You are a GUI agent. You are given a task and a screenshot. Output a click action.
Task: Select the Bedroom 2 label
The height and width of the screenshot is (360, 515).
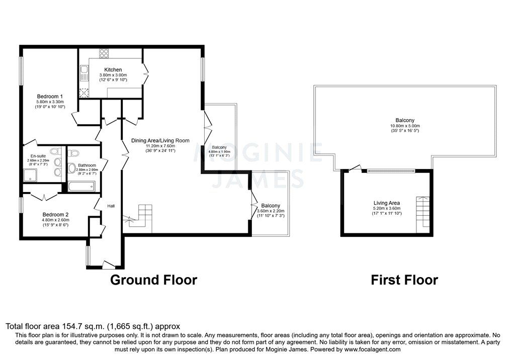coord(55,214)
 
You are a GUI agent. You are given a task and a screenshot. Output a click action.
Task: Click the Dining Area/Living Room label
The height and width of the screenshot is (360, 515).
coord(160,141)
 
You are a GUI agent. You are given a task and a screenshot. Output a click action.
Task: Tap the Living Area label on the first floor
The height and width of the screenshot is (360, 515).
coord(387,203)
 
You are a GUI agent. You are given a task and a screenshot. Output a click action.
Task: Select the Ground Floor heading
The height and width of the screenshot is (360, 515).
coord(153,280)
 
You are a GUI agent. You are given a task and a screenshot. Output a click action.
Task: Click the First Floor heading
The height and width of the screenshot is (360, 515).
coord(404,280)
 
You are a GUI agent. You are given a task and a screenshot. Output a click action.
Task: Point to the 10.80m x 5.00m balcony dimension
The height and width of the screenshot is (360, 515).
coord(405,126)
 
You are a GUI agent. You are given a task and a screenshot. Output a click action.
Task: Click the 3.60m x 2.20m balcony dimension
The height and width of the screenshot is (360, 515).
coord(271,211)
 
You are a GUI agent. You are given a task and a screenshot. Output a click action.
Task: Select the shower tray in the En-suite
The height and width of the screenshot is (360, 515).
coord(32,174)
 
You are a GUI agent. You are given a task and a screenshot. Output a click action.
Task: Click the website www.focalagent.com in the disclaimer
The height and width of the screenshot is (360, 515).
coord(372,349)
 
